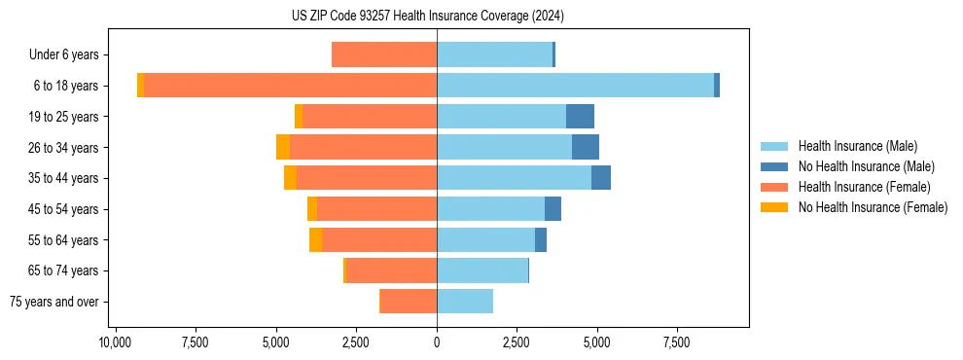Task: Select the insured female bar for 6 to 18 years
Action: tap(290, 86)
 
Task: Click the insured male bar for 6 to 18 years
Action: tap(575, 86)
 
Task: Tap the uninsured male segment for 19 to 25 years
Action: tap(580, 117)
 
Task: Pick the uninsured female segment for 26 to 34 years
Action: tap(283, 147)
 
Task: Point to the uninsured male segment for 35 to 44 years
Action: tap(601, 178)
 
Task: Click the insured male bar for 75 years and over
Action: tap(465, 302)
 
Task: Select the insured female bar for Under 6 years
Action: tap(384, 54)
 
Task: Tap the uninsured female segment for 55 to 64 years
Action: tap(315, 239)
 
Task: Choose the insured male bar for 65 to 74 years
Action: tap(482, 270)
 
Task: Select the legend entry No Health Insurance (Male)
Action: tap(866, 166)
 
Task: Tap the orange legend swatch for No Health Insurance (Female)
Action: tap(775, 207)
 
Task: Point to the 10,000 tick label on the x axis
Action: tap(115, 342)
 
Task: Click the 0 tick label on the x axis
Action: tap(437, 342)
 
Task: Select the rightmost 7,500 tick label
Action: tap(677, 342)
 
